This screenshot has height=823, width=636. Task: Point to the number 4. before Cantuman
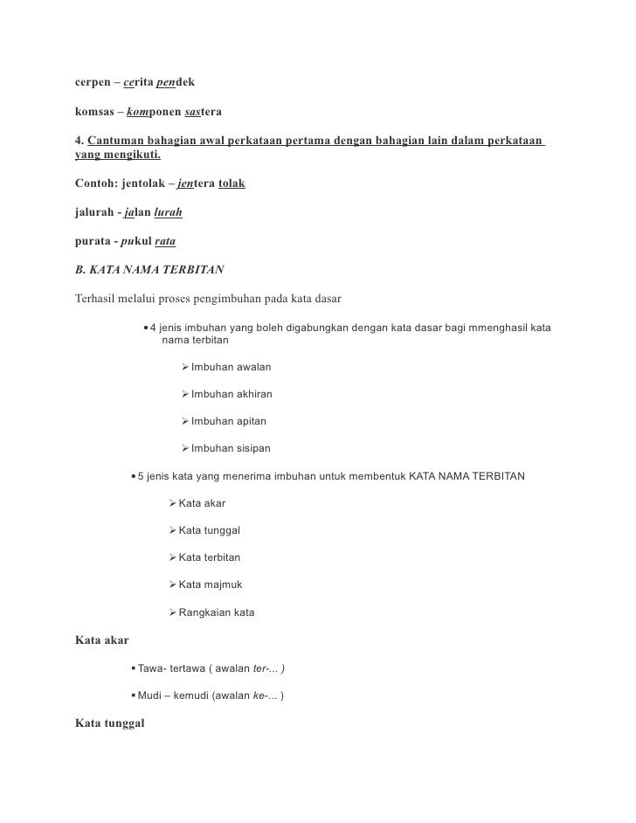click(x=79, y=142)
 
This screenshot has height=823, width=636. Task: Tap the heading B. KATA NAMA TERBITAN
click(x=143, y=270)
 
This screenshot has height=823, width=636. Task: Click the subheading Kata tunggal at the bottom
click(x=110, y=724)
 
